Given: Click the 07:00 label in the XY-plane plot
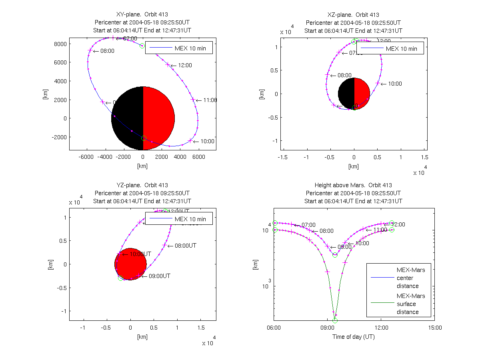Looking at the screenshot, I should (x=129, y=38).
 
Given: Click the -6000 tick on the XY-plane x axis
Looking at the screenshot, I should (x=86, y=157).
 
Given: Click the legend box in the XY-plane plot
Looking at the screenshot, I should (x=178, y=48).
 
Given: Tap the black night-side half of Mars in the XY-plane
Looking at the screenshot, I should (x=127, y=118).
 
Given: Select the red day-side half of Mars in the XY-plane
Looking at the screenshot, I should (x=158, y=118).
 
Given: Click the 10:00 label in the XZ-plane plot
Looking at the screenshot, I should (x=394, y=84).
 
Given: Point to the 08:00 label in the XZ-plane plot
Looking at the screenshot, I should (x=344, y=75).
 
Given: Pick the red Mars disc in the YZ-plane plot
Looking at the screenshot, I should (x=130, y=264).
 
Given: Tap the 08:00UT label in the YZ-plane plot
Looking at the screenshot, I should (x=186, y=246).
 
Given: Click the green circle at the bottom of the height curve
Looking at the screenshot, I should (x=335, y=320).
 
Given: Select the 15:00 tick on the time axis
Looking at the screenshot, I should (x=435, y=328).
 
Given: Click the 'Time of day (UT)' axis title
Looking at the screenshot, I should (x=354, y=337).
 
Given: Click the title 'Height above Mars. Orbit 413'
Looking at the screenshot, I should (x=354, y=185).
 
